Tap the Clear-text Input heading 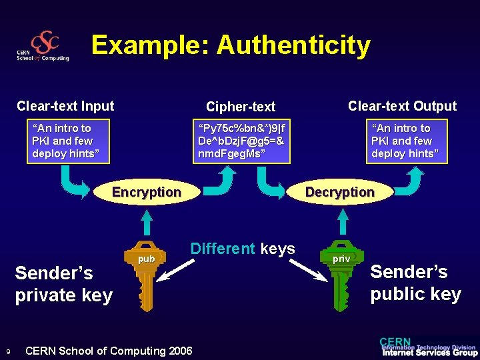point(65,106)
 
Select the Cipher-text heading point(241,107)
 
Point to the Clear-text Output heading point(403,106)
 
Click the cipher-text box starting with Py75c point(241,141)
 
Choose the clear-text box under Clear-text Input point(67,141)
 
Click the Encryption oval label point(147,193)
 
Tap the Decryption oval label point(340,193)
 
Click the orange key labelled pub point(147,273)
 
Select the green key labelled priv point(341,273)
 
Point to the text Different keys point(243,249)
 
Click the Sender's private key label point(64,284)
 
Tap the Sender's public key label point(415,283)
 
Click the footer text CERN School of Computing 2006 point(109,351)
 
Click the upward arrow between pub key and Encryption point(147,221)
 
